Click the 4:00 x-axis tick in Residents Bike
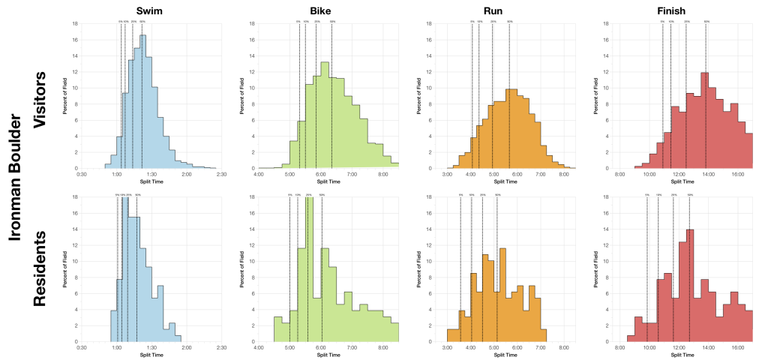click(x=259, y=348)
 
